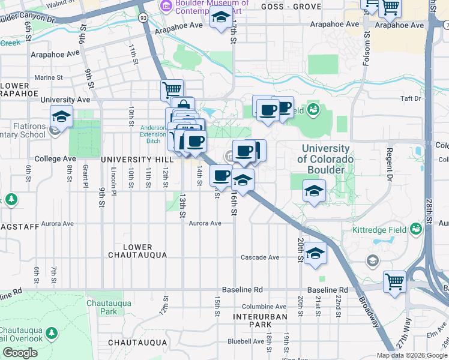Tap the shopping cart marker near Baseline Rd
[394, 282]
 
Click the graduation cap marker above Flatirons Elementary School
[61, 116]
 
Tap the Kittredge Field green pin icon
[415, 229]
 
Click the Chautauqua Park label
[101, 307]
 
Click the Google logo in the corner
[20, 353]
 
